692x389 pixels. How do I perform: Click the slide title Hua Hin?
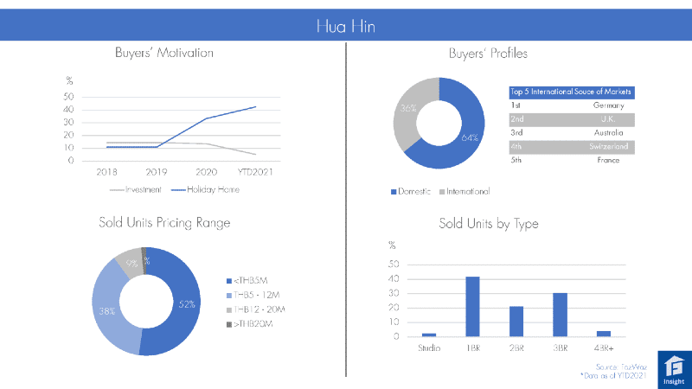point(345,27)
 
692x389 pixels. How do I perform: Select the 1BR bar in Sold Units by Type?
point(472,307)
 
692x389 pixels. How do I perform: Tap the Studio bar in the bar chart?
point(429,335)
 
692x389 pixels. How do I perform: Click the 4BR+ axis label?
point(603,348)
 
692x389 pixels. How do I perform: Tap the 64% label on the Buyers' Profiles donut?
point(471,137)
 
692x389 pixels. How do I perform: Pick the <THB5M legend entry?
point(252,280)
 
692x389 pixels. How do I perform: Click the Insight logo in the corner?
point(672,367)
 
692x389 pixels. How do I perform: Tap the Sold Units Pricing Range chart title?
point(164,223)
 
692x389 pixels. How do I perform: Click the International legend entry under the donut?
point(468,191)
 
